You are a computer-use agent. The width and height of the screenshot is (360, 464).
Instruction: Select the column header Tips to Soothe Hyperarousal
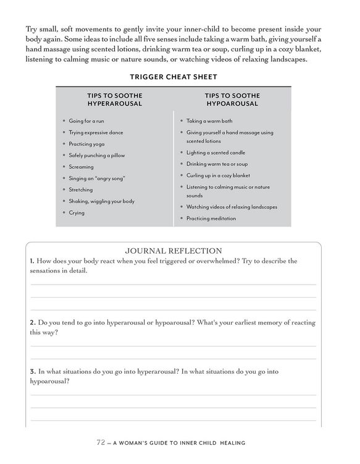(115, 100)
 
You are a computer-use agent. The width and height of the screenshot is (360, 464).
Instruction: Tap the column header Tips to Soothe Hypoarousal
(232, 100)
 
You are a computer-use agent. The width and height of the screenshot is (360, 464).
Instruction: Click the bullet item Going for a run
(86, 121)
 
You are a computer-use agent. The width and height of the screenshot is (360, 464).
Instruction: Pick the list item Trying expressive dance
(96, 132)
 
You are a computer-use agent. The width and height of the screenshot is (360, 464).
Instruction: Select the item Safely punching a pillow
(97, 155)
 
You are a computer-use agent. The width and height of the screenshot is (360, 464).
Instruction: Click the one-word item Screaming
(82, 166)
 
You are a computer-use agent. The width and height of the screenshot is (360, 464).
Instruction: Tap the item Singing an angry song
(98, 178)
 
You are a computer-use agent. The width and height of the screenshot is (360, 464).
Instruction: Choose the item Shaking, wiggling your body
(102, 201)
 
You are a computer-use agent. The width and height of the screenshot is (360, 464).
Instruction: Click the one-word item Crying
(77, 213)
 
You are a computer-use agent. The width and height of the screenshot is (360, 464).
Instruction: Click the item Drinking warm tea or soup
(217, 164)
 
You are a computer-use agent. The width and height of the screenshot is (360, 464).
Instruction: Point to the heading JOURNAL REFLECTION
(173, 251)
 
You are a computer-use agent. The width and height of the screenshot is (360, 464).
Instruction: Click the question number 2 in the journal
(32, 323)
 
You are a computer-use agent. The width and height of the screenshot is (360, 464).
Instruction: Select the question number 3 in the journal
(32, 371)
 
